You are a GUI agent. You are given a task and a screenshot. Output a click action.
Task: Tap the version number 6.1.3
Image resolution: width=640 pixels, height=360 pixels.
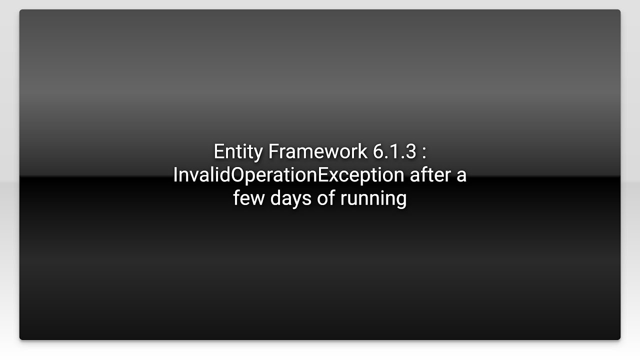(x=394, y=151)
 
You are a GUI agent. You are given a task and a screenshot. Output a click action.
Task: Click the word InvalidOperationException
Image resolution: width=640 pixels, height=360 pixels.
(x=288, y=175)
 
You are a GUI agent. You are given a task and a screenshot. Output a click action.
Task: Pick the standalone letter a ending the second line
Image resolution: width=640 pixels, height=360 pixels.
(x=461, y=176)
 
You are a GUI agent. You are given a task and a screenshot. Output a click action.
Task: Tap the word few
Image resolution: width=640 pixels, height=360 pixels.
(x=249, y=198)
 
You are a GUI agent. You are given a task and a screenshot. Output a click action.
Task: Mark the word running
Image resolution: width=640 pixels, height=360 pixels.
(x=373, y=198)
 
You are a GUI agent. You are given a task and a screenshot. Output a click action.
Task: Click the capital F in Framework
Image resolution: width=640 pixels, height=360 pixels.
(x=273, y=151)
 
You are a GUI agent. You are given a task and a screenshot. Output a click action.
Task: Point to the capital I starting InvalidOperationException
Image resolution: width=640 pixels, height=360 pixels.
(x=175, y=175)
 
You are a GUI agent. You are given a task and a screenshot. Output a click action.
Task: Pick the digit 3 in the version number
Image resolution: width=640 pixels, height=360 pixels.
(x=410, y=151)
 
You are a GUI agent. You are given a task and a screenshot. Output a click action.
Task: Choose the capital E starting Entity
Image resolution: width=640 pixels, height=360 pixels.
(x=219, y=151)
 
